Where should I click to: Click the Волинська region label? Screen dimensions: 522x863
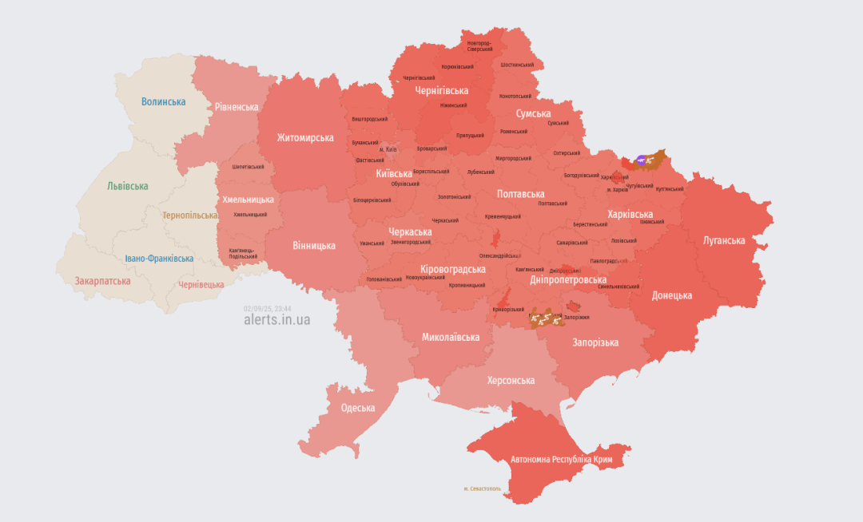click(163, 101)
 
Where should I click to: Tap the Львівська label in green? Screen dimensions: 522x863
click(128, 186)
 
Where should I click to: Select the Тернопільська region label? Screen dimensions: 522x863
click(189, 216)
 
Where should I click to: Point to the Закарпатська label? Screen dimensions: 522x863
click(102, 281)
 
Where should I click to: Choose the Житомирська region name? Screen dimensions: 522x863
click(305, 137)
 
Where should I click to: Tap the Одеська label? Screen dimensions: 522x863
click(357, 408)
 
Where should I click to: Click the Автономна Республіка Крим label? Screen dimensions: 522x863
click(563, 460)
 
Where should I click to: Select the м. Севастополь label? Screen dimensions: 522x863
click(482, 488)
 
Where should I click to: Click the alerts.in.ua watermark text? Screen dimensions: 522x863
click(276, 319)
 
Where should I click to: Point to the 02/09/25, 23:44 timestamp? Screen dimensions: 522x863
click(268, 307)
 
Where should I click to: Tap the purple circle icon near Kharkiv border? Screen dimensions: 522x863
click(642, 160)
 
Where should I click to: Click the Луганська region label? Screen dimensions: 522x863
click(724, 240)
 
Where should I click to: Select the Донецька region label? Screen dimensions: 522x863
click(672, 295)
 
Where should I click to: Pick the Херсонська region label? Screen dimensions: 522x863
click(511, 380)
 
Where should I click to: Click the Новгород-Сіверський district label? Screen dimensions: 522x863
click(479, 45)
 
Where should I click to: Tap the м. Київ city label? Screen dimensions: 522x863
click(388, 149)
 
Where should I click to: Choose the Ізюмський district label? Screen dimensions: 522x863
click(650, 221)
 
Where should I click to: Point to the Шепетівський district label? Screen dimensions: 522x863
click(248, 167)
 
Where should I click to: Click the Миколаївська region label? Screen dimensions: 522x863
click(451, 337)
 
